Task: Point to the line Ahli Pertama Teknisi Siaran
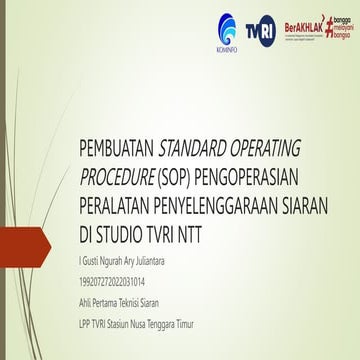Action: pyautogui.click(x=124, y=284)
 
